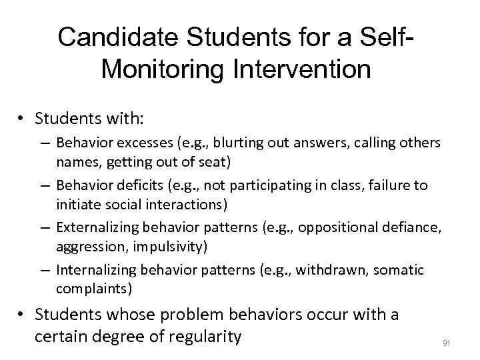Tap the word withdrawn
click(x=329, y=269)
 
